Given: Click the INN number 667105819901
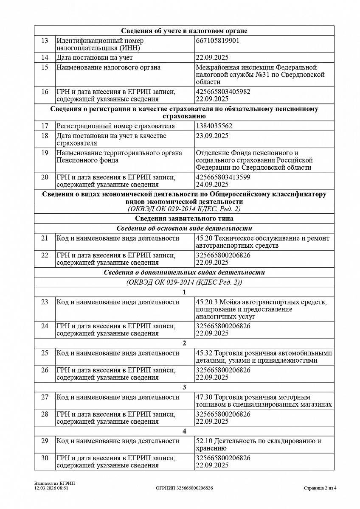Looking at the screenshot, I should pos(218,41).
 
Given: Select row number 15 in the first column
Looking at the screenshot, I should pos(45,67).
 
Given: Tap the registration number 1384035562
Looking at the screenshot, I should pos(214,126).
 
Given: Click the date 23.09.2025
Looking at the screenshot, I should pos(212,136).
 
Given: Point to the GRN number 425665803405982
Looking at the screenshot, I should pos(223,92).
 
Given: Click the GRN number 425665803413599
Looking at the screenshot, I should pos(223,177).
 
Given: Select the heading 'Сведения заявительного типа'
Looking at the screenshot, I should pos(184,218).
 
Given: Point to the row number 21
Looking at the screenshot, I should pos(45,238).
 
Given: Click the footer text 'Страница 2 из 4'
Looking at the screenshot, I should pos(320,488).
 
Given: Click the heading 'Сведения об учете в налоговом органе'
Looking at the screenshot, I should pos(184,31).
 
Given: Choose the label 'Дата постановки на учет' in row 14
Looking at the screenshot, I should pos(95,57).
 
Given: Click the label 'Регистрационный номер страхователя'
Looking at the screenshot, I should pos(115,126).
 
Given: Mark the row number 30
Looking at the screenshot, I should pos(45,458).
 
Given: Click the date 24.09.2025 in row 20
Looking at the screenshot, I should pos(212,184).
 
